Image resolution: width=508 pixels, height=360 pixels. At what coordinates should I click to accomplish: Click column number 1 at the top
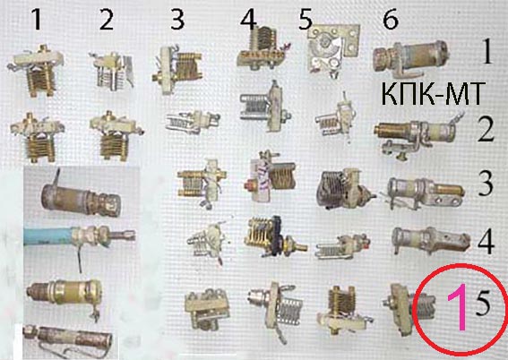click(x=37, y=20)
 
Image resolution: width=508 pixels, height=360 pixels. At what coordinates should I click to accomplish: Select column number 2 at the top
click(x=107, y=20)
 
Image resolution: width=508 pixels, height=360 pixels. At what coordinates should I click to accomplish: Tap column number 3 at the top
click(x=177, y=20)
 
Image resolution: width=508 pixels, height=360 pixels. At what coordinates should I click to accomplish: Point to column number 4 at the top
click(x=248, y=20)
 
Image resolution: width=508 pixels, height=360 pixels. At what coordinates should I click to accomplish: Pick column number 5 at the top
click(x=306, y=20)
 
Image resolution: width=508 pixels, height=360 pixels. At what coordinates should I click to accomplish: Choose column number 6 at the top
click(x=391, y=20)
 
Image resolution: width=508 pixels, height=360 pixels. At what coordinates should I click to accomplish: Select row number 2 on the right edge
click(x=486, y=130)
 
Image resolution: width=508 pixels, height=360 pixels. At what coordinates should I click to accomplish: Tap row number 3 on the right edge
click(x=486, y=184)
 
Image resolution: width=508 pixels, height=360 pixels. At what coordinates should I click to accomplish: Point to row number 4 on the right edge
click(x=486, y=242)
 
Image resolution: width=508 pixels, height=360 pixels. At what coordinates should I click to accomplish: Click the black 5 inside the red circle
click(x=482, y=304)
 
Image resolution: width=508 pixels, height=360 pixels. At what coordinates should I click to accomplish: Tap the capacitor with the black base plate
click(x=275, y=236)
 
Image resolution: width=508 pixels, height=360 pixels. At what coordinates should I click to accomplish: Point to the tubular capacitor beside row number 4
click(x=431, y=241)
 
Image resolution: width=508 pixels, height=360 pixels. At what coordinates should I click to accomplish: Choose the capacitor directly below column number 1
click(x=36, y=70)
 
